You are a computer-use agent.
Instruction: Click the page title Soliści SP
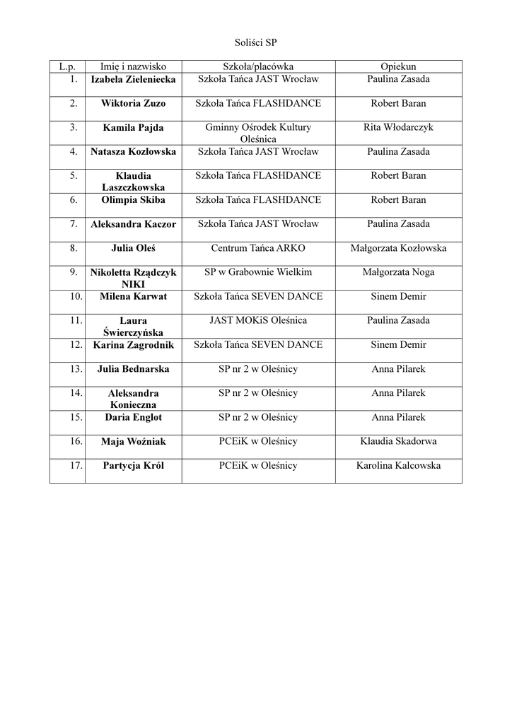pos(256,42)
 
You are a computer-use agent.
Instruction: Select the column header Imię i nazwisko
pos(133,66)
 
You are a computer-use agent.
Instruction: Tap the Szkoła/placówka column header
pos(258,66)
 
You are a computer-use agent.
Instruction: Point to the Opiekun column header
pos(398,66)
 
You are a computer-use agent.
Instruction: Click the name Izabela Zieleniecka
pos(133,79)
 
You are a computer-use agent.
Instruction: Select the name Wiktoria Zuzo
pos(133,103)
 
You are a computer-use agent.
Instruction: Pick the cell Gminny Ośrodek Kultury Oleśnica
pos(258,134)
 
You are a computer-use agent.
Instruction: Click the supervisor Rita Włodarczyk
pos(398,127)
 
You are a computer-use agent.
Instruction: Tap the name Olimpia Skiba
pos(133,200)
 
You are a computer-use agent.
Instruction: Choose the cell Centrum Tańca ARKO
pos(258,248)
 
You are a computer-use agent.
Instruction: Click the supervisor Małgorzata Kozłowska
pos(398,248)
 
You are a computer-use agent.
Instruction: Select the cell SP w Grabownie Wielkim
pos(258,272)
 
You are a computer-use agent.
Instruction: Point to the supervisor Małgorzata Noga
pos(398,272)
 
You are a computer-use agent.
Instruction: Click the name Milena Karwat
pos(133,296)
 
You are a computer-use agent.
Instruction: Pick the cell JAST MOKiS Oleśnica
pos(258,320)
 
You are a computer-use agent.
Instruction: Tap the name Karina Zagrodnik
pos(133,345)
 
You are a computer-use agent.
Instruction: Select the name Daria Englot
pos(133,417)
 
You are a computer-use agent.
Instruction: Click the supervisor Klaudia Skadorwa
pos(398,441)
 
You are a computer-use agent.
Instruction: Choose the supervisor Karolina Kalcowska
pos(398,465)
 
